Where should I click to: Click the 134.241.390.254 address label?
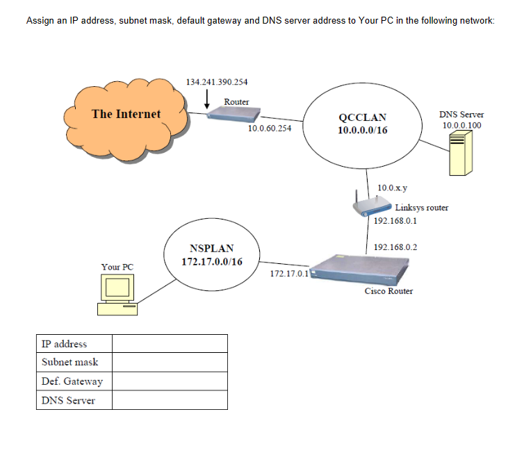[x=217, y=82]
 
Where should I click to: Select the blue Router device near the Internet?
[x=228, y=114]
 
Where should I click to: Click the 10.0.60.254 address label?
[x=270, y=129]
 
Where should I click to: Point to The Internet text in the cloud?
[x=126, y=114]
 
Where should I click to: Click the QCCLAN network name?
[x=362, y=117]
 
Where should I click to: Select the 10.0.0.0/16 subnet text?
[x=362, y=130]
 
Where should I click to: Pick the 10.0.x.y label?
[x=393, y=188]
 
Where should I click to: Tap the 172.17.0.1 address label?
[x=288, y=274]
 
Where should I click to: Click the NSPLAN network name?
[x=211, y=248]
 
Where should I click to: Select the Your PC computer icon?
[x=117, y=292]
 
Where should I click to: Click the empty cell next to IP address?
[x=170, y=344]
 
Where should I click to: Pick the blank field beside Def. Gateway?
[x=170, y=381]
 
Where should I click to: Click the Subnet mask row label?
[x=70, y=362]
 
